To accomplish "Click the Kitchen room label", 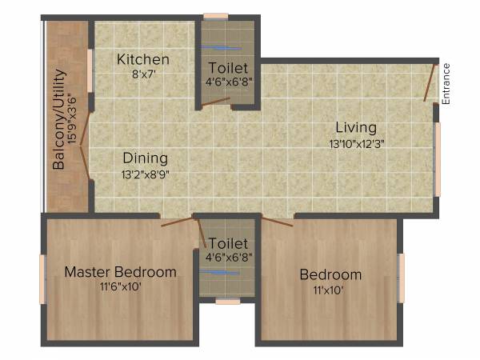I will click(x=143, y=59).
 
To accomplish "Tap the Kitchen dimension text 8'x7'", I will click(x=143, y=74).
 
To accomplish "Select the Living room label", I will click(x=356, y=127).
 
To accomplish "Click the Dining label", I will click(x=145, y=158).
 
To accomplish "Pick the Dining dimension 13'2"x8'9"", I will click(x=145, y=173).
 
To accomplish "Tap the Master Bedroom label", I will click(x=120, y=272).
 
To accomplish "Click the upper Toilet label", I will click(x=228, y=68).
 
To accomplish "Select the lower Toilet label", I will click(x=228, y=242).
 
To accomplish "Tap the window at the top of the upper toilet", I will click(x=215, y=15).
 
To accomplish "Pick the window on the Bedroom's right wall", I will click(x=401, y=278).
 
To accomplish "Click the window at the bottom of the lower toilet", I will click(x=228, y=302).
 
